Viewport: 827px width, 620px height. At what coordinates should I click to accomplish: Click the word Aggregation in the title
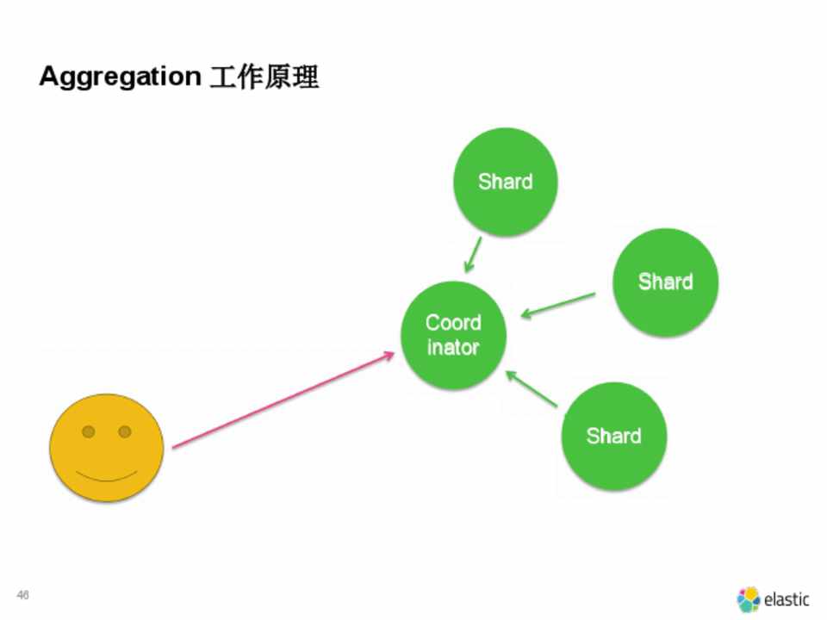coord(119,77)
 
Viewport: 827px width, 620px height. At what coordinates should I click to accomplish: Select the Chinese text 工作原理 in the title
coord(264,77)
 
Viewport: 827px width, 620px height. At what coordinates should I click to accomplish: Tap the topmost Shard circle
coord(506,182)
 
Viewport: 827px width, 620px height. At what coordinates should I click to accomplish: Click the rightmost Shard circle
coord(665,282)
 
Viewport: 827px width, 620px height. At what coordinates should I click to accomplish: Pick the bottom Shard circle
coord(613,436)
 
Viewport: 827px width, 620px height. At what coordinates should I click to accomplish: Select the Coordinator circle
coord(453,335)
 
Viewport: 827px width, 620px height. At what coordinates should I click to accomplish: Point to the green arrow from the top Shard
coord(472,255)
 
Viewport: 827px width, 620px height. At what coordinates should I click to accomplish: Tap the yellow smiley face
coord(106,448)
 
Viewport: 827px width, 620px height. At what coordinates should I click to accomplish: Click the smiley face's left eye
coord(88,431)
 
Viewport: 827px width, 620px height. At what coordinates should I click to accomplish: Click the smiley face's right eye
coord(125,431)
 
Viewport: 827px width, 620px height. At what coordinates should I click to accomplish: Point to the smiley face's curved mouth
coord(106,476)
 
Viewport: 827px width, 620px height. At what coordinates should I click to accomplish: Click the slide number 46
coord(23,595)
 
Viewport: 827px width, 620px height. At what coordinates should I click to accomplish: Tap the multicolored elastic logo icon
coord(749,599)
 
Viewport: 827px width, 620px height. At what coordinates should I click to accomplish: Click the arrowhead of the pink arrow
coord(388,354)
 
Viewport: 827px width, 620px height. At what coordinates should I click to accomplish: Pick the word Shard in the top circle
coord(506,182)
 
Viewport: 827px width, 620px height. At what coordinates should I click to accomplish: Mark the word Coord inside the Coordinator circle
coord(453,323)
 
